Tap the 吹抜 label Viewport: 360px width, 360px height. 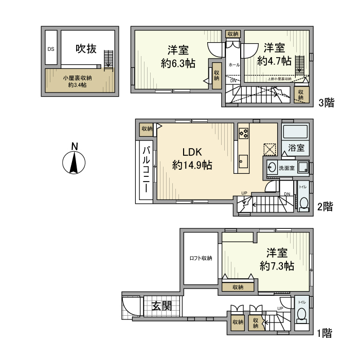point(86,49)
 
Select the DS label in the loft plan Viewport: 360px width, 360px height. point(51,49)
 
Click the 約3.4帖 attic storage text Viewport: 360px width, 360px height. point(77,85)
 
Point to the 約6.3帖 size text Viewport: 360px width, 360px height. point(177,64)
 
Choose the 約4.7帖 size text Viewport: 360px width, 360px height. point(274,61)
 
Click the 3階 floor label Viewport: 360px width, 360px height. point(326,102)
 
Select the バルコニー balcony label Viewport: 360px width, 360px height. point(146,170)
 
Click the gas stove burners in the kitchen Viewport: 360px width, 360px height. point(243,133)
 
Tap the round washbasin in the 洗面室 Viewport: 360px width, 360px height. point(271,168)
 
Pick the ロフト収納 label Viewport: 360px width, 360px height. point(201,258)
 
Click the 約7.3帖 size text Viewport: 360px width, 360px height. point(277,266)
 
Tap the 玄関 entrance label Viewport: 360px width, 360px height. point(161,307)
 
